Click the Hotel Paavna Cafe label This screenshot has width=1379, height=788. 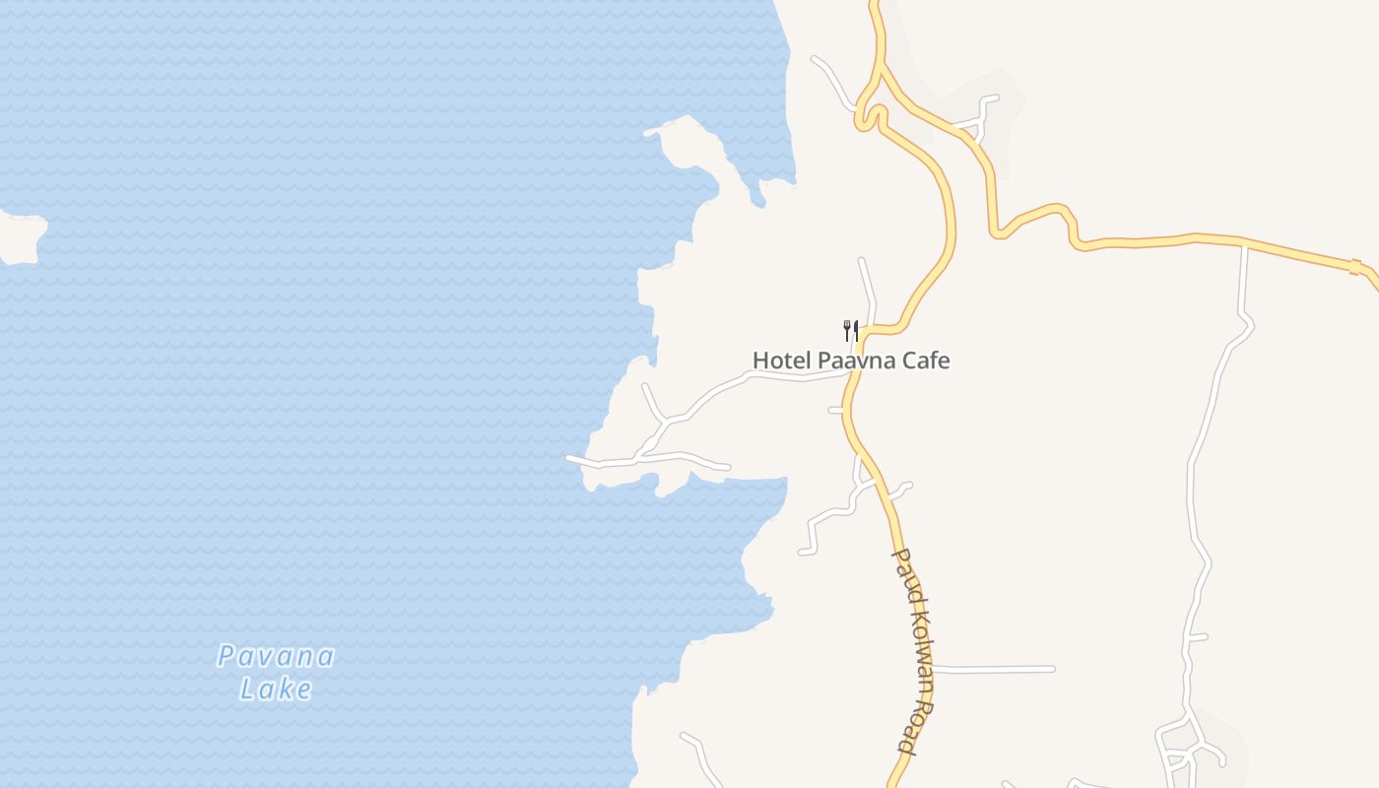[x=851, y=361]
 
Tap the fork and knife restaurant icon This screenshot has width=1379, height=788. [x=851, y=330]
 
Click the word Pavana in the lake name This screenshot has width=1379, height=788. [x=276, y=656]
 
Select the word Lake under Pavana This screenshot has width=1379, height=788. [x=276, y=689]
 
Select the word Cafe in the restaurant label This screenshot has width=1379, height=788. [x=926, y=361]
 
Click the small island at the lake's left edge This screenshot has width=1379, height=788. [x=22, y=237]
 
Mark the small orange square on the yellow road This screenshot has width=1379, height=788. [x=1355, y=267]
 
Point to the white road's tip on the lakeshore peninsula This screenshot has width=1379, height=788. [x=568, y=457]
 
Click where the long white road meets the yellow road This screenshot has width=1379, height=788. [x=1245, y=243]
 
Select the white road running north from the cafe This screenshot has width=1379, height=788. [x=868, y=286]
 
